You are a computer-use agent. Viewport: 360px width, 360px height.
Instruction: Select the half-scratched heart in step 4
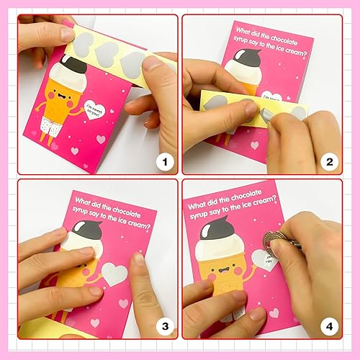coord(264,258)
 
